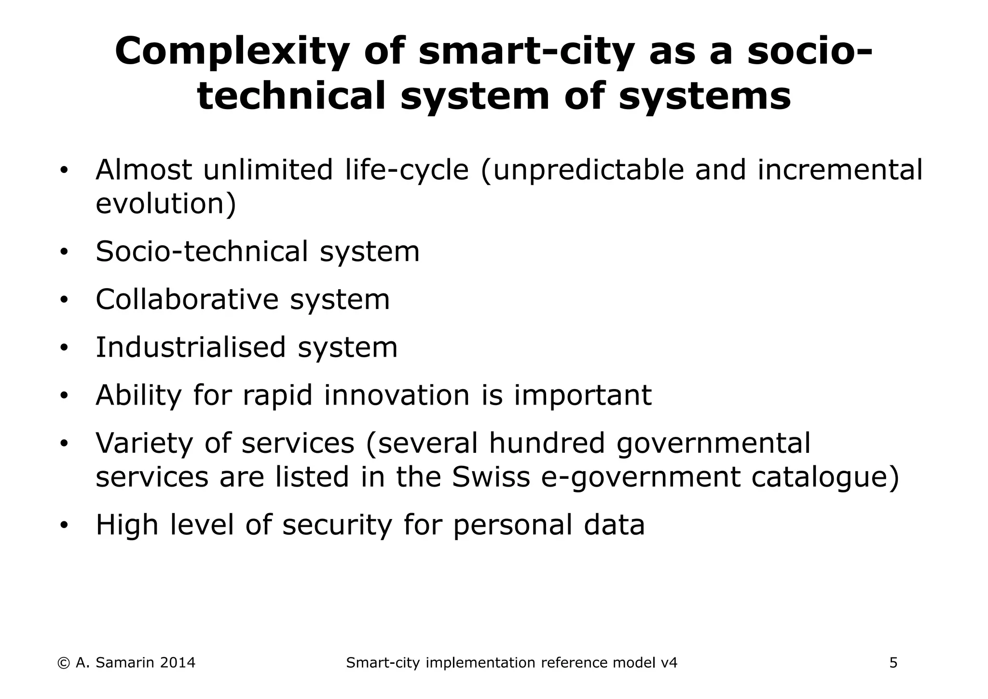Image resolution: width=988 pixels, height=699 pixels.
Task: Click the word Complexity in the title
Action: (x=232, y=52)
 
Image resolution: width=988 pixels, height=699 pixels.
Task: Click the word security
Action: (x=337, y=526)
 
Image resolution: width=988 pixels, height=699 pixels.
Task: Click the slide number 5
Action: (x=893, y=663)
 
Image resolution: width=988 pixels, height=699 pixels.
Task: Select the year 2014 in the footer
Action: (x=177, y=663)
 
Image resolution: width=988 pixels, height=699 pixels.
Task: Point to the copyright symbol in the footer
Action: (x=63, y=663)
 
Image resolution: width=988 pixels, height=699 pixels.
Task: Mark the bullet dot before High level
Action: (x=64, y=525)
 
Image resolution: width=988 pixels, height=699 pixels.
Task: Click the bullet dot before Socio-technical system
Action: (x=64, y=252)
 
